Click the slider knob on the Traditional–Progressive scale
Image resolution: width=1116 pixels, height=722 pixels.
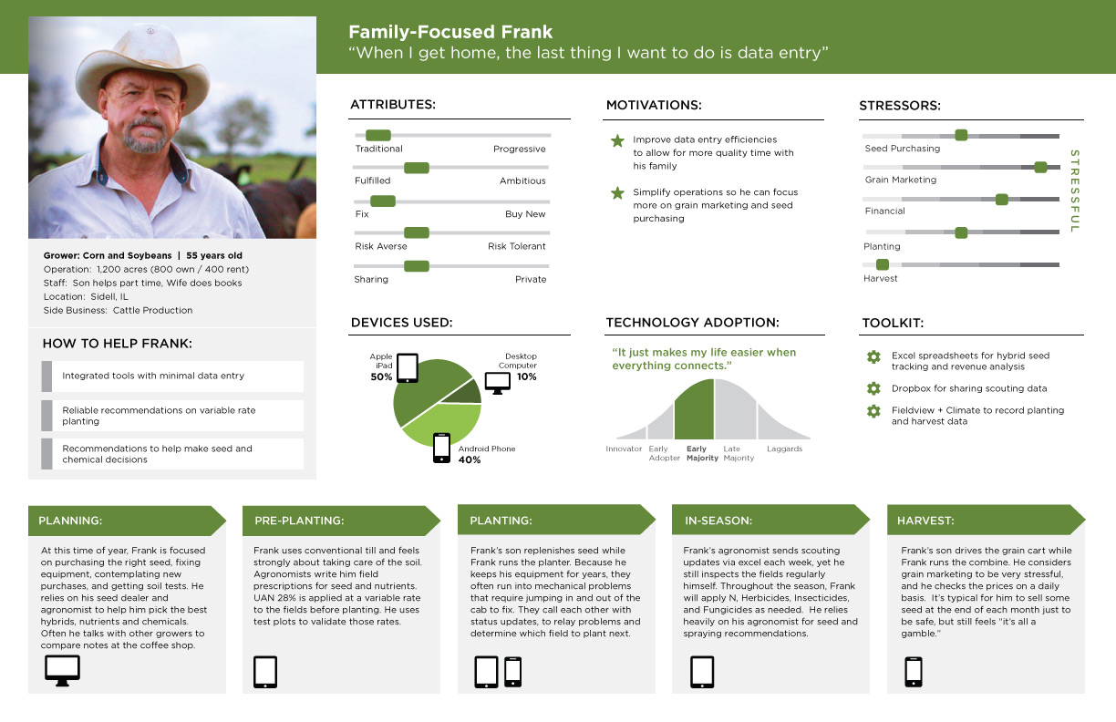pyautogui.click(x=378, y=135)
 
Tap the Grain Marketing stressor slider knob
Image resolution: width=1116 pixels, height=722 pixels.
pyautogui.click(x=1040, y=168)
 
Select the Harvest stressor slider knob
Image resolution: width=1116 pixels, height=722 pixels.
pyautogui.click(x=883, y=264)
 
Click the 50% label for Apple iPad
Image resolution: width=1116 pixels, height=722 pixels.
pyautogui.click(x=381, y=376)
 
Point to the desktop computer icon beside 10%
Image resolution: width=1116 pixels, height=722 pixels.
pyautogui.click(x=498, y=383)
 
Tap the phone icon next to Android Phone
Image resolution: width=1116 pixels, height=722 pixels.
pyautogui.click(x=441, y=448)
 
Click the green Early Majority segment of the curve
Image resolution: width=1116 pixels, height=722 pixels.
pyautogui.click(x=694, y=409)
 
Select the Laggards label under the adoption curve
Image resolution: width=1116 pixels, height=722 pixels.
pyautogui.click(x=785, y=449)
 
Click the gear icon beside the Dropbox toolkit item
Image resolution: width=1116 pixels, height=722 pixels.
pyautogui.click(x=873, y=388)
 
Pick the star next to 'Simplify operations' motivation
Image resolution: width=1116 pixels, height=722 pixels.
pyautogui.click(x=617, y=193)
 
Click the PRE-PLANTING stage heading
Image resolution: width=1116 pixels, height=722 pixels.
pyautogui.click(x=299, y=521)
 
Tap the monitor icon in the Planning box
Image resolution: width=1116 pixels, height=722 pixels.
pyautogui.click(x=62, y=670)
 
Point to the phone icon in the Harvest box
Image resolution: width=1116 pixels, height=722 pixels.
pyautogui.click(x=914, y=672)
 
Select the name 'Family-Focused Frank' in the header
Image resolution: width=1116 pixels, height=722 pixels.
pyautogui.click(x=450, y=32)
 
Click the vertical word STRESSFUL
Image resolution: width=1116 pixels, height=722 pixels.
pyautogui.click(x=1075, y=191)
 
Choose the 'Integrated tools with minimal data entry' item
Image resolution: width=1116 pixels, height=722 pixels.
pyautogui.click(x=153, y=376)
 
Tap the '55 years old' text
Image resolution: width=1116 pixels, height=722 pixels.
pyautogui.click(x=214, y=255)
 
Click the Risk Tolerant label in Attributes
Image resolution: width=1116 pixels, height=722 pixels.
pyautogui.click(x=517, y=246)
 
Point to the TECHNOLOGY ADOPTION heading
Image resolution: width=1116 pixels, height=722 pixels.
pyautogui.click(x=693, y=323)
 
